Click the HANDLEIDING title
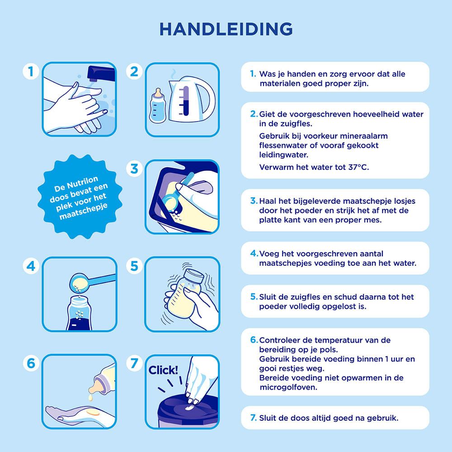coord(226,28)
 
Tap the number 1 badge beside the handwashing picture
coord(30,71)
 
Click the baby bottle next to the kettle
coord(158,107)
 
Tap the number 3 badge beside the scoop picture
coord(134,169)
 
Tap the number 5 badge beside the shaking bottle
coord(134,266)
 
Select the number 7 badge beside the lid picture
coord(134,363)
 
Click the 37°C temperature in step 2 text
coord(357,167)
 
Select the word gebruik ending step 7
coord(384,418)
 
